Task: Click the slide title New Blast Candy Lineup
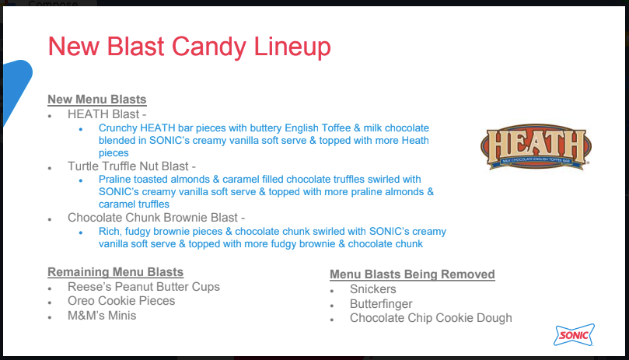coord(190,47)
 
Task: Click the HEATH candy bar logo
coord(536,146)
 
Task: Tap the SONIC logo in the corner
coord(574,334)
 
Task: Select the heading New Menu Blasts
coord(97,99)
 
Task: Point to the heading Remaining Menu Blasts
coord(116,271)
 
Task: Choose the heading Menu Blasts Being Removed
coord(412,274)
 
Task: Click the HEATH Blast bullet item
coord(107,114)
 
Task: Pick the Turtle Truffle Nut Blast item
coord(131,166)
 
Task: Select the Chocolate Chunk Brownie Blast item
coord(156,218)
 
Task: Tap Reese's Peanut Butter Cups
coord(144,287)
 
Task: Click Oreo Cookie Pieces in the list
coord(121,301)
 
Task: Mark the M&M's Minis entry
coord(102,316)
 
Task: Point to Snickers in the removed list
coord(372,289)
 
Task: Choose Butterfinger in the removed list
coord(381,304)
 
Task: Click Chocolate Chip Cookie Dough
coord(431,318)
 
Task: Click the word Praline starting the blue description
coord(114,179)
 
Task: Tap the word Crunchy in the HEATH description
coord(118,128)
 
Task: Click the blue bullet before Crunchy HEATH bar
coord(81,129)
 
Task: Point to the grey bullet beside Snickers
coord(332,291)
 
